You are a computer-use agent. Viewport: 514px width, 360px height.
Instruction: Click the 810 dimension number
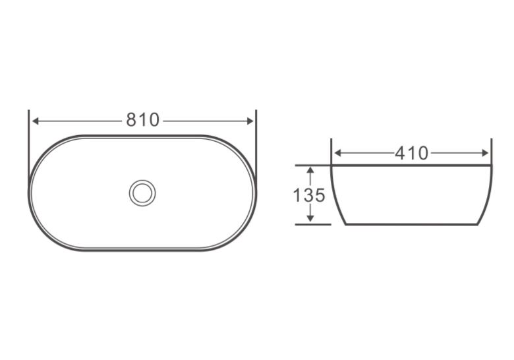pos(142,120)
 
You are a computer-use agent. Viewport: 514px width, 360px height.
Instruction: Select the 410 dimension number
pos(411,153)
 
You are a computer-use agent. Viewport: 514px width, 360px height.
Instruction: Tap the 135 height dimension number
pos(309,195)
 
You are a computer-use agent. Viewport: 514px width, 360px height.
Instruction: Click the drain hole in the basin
pos(142,193)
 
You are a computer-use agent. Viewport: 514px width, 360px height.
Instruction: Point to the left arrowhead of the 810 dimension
pos(36,121)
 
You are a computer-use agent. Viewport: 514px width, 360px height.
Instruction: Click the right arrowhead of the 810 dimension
pos(250,121)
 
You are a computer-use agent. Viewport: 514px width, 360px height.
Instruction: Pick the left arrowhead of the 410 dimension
pos(338,153)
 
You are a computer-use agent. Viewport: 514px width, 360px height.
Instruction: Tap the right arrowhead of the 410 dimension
pos(485,153)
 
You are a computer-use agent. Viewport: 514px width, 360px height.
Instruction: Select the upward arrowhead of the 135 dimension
pos(310,170)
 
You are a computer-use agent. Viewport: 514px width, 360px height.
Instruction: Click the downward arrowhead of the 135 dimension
pos(310,218)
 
